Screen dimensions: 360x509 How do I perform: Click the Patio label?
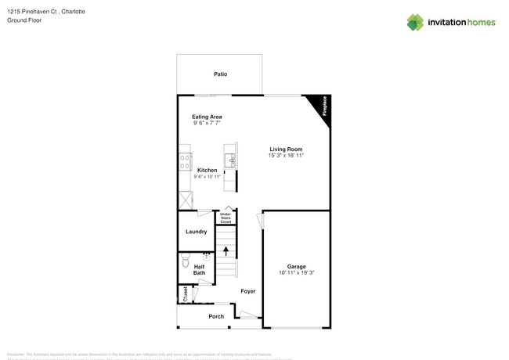221,74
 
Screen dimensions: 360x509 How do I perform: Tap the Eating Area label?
208,117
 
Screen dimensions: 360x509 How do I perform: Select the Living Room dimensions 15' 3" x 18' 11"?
287,156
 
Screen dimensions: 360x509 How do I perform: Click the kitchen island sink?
231,160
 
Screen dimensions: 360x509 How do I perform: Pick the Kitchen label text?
208,170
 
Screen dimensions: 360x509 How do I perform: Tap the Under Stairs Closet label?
226,218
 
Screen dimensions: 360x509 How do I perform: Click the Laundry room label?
197,232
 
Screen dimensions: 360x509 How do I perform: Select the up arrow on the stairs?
226,251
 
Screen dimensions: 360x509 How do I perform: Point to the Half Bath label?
200,269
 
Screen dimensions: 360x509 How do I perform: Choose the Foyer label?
248,291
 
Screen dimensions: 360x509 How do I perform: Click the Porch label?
216,316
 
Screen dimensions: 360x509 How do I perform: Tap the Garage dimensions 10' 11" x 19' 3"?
296,273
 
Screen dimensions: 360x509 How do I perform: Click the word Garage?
296,266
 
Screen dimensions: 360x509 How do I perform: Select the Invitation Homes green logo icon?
415,22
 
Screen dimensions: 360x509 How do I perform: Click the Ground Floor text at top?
25,20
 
